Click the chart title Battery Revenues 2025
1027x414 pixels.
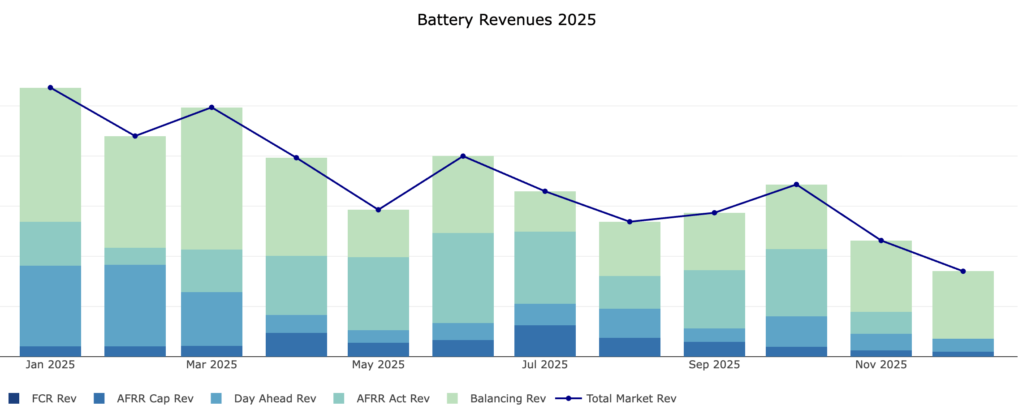point(506,20)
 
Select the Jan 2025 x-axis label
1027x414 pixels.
point(50,365)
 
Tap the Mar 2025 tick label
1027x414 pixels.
point(211,365)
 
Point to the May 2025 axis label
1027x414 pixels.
point(378,365)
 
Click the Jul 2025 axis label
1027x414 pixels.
point(545,365)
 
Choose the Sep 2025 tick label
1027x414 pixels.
point(714,365)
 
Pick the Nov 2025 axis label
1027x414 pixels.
point(881,365)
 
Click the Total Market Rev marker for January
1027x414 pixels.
point(50,88)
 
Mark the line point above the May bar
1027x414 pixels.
point(378,210)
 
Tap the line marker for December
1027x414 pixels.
point(963,271)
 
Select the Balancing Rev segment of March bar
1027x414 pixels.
point(211,178)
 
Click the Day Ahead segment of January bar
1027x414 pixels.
point(50,306)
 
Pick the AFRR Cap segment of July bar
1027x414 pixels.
point(545,341)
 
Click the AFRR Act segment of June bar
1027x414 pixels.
point(463,278)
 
